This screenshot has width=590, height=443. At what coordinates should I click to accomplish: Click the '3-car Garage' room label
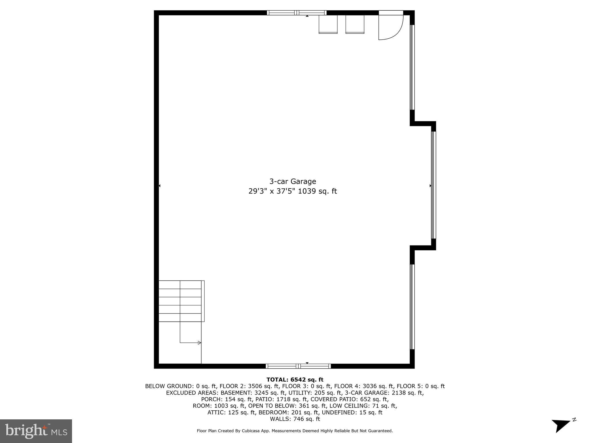click(x=293, y=181)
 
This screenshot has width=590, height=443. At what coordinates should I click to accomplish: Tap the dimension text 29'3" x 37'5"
click(x=272, y=191)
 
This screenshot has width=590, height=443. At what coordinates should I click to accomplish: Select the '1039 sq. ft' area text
click(x=317, y=191)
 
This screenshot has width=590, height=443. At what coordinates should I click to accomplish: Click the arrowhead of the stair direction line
click(x=199, y=343)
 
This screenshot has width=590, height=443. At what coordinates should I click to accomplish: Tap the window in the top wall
click(x=297, y=13)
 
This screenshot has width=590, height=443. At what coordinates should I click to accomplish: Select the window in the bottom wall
click(x=298, y=366)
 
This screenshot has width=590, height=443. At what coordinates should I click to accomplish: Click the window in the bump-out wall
click(x=434, y=185)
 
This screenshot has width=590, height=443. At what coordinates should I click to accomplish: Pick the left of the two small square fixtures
click(x=328, y=24)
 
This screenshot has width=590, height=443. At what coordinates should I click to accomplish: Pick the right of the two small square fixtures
click(x=355, y=24)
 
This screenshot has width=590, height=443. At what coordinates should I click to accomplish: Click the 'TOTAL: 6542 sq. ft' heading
click(x=295, y=380)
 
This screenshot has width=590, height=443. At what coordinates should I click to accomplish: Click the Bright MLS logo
click(x=36, y=431)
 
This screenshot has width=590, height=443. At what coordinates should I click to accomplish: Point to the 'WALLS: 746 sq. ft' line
click(x=295, y=419)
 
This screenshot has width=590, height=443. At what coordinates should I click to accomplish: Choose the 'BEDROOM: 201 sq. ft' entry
click(x=289, y=412)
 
